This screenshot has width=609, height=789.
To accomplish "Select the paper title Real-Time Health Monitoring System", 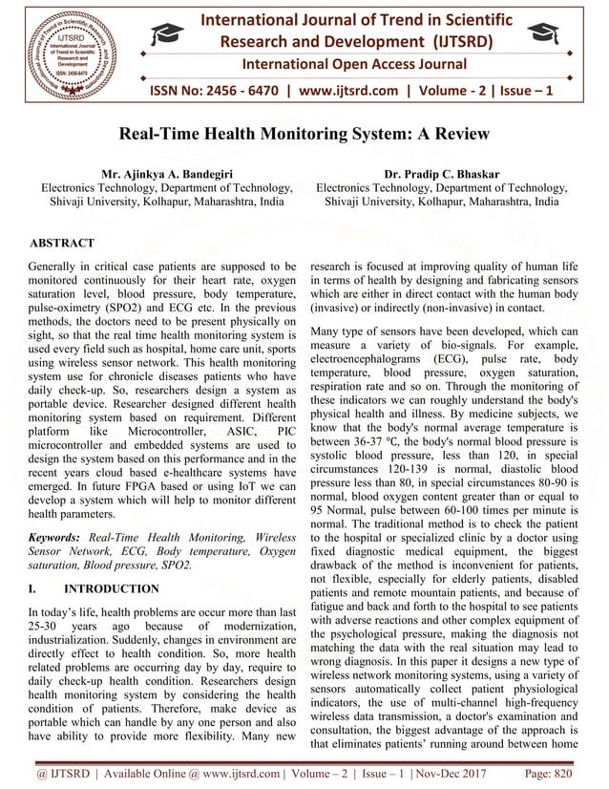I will tap(304, 135).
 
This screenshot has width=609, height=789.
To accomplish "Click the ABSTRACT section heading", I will tap(61, 244).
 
